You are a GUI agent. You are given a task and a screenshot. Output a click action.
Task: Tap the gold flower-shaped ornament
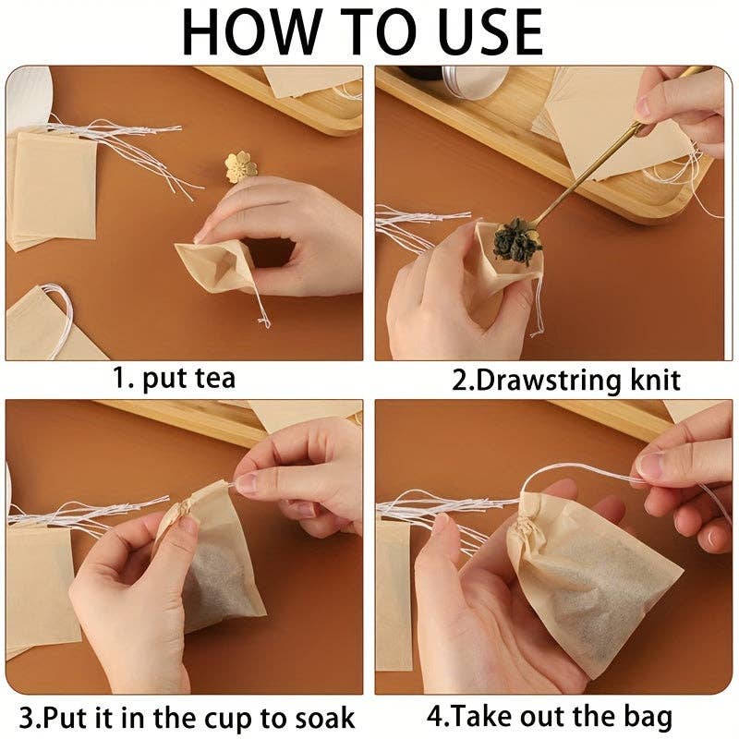240,167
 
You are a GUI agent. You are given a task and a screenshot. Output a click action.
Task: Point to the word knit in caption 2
649,379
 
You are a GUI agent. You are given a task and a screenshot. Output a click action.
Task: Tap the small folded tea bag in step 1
218,263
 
